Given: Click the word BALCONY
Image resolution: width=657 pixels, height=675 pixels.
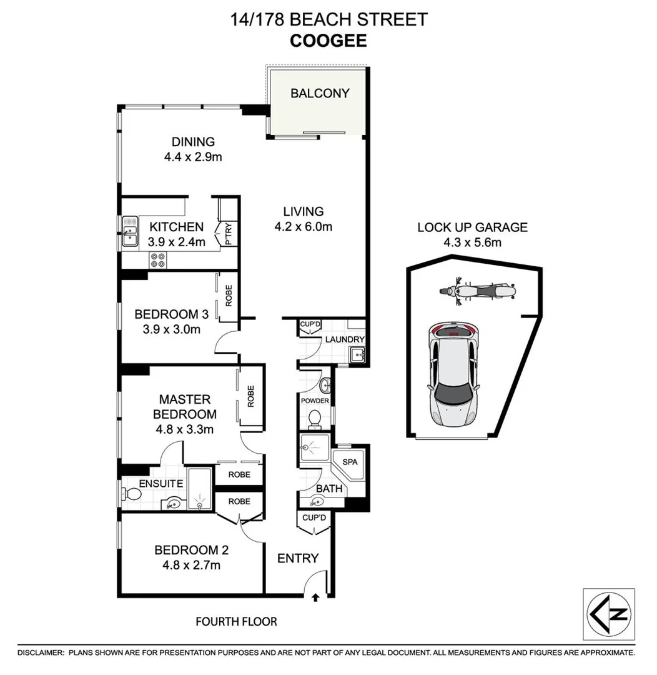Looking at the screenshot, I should [320, 93].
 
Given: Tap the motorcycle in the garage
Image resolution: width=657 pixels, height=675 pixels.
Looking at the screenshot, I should [478, 292].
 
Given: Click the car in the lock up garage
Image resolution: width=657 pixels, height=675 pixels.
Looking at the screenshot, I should [453, 374].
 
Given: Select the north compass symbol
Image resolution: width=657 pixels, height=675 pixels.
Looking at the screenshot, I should [608, 614].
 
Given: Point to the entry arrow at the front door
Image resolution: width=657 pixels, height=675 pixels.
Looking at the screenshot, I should [315, 597].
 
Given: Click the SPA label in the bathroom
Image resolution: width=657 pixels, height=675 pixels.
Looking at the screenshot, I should [350, 462].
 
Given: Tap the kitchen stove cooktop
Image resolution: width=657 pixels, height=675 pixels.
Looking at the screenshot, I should [157, 259].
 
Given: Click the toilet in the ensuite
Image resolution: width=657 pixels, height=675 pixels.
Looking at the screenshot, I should [132, 494].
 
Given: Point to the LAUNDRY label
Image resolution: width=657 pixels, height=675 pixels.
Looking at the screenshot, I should [343, 339].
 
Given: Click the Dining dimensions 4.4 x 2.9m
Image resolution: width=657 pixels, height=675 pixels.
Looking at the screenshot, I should [193, 157].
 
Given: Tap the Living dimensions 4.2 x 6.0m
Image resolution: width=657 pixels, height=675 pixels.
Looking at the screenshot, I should [302, 226].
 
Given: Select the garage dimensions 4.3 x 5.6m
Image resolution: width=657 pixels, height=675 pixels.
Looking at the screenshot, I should [472, 242].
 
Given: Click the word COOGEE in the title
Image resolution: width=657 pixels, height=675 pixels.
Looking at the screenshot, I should [328, 41].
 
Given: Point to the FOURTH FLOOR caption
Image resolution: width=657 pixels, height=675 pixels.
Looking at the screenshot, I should [236, 622].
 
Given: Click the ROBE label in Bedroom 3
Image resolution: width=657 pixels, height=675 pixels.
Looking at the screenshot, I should [229, 295].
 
